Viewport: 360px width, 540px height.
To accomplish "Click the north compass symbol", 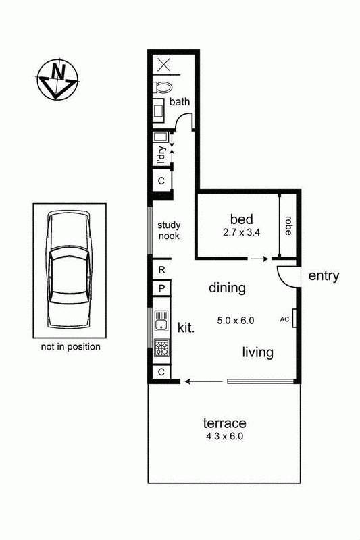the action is point(57,80).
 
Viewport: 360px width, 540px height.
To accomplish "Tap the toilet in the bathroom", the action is point(162,88).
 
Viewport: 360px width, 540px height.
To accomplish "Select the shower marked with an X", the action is point(164,64).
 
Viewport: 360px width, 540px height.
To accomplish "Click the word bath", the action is point(180,102).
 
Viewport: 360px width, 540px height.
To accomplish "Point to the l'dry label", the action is point(161,155).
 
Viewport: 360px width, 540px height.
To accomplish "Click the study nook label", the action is point(169,230).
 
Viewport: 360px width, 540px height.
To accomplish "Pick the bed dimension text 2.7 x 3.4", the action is point(241,232).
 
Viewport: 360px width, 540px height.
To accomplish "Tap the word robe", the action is point(288,225).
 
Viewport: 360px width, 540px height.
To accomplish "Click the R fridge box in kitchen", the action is point(161,270).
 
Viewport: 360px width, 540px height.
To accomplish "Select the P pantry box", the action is point(161,288).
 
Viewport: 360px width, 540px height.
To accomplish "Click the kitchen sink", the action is point(161,321).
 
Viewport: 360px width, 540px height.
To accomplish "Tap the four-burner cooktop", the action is point(161,348).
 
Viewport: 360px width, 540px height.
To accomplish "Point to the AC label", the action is point(284,319).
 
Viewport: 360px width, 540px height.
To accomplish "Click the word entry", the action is point(324,276).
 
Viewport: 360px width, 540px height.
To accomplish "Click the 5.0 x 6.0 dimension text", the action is point(236,321).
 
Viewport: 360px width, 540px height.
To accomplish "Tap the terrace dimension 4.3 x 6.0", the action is point(225,436).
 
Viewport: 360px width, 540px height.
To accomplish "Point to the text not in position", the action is point(71,347).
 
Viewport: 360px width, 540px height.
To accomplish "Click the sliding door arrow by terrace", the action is point(203,381).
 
